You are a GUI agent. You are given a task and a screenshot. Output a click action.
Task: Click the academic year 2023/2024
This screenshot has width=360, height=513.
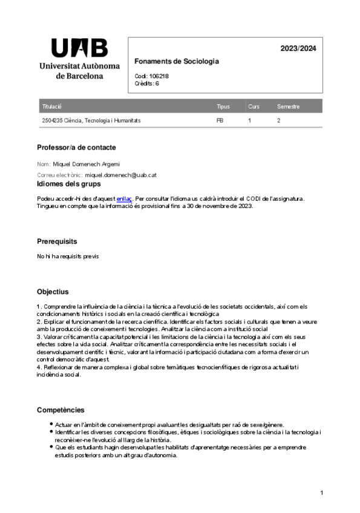coord(298,49)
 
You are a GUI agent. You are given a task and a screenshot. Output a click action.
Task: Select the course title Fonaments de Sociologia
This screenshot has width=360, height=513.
coord(176,62)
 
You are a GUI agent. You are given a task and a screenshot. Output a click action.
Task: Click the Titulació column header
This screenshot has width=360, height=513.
coord(52,106)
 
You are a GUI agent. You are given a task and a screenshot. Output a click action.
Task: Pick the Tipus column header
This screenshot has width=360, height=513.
coord(223,106)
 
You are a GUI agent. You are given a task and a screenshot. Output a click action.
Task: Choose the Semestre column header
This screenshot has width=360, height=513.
coord(288,106)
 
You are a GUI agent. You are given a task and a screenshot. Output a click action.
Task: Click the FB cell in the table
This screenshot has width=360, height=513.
coord(220,120)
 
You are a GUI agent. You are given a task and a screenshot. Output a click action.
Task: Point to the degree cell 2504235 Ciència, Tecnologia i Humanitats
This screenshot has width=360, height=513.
coord(91,120)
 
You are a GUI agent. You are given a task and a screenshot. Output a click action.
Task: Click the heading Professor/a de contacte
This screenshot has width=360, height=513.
coord(76,148)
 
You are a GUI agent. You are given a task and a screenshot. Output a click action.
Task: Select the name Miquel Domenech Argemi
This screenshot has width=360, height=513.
coord(87,164)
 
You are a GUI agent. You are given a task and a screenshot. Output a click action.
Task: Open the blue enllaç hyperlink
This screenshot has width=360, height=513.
coord(123,198)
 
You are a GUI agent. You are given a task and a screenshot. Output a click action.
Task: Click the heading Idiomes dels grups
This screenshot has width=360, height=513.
coord(69,184)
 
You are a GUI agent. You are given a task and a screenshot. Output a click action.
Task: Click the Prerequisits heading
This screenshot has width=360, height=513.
coord(57,241)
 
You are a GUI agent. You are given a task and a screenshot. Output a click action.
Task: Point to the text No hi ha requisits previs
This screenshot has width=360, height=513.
coord(67,256)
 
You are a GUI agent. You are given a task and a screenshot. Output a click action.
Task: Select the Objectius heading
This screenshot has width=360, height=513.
coord(53,292)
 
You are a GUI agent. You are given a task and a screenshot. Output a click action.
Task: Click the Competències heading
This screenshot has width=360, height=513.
coord(61,410)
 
